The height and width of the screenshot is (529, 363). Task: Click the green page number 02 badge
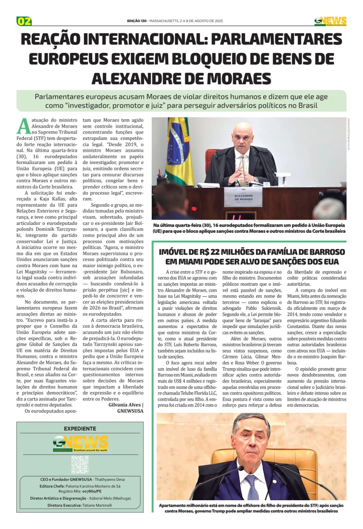pyautogui.click(x=24, y=21)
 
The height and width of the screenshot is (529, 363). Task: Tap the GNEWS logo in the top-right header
pyautogui.click(x=330, y=21)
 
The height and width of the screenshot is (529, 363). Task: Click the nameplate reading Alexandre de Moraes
pyautogui.click(x=243, y=198)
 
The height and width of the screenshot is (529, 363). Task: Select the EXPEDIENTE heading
pyautogui.click(x=80, y=428)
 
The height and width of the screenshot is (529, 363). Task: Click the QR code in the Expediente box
pyautogui.click(x=80, y=464)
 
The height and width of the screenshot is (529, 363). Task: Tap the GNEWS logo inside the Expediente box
pyautogui.click(x=81, y=443)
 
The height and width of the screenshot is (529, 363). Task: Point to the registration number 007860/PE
pyautogui.click(x=92, y=491)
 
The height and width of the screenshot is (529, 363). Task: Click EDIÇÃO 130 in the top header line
pyautogui.click(x=136, y=21)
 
